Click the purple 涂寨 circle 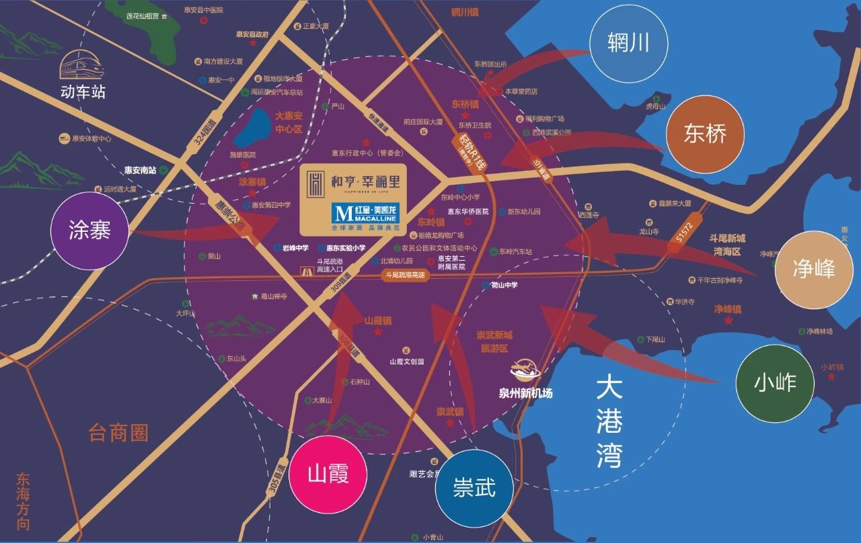(x=89, y=231)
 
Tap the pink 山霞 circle (x=328, y=474)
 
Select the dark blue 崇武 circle (x=474, y=487)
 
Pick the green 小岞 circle (x=775, y=383)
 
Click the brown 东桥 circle (x=705, y=134)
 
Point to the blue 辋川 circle (x=628, y=44)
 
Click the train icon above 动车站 (x=79, y=67)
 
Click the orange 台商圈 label (x=118, y=433)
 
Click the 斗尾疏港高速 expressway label (x=406, y=275)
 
